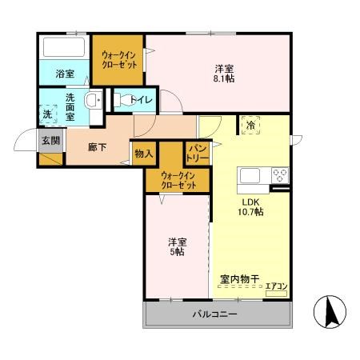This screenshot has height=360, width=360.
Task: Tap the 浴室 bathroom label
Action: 65,74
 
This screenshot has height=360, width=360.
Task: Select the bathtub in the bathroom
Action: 64,46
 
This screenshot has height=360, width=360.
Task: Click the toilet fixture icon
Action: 120,100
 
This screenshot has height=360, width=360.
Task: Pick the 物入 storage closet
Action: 144,152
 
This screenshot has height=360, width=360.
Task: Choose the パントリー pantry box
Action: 198,152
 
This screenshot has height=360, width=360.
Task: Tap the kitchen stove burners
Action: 279,175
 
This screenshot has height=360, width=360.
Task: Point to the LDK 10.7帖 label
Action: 249,207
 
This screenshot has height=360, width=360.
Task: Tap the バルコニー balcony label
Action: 214,314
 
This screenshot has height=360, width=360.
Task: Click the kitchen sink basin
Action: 248,175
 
